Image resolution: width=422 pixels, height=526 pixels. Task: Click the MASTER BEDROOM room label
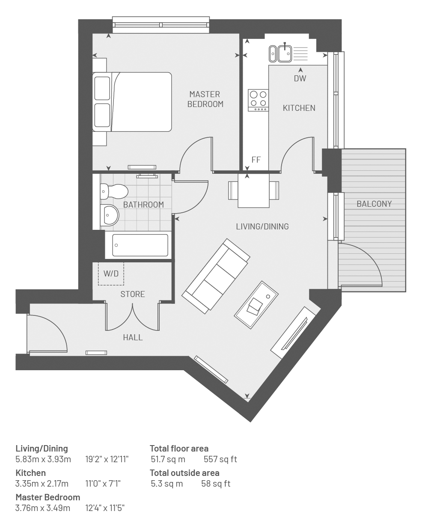click(205, 99)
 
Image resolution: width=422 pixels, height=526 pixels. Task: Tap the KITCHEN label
click(299, 108)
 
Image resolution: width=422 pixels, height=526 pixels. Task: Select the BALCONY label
click(374, 204)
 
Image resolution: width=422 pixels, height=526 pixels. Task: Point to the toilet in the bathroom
click(114, 191)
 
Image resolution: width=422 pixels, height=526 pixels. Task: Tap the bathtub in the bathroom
click(140, 245)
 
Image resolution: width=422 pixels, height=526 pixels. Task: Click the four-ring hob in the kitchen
click(258, 100)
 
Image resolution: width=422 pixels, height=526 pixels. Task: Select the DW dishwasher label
click(300, 78)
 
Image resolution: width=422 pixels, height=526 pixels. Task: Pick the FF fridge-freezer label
click(256, 160)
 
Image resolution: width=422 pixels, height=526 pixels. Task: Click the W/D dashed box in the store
click(111, 273)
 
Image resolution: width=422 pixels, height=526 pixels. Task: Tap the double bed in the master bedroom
click(132, 102)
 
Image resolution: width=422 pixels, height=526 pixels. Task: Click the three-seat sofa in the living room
click(216, 276)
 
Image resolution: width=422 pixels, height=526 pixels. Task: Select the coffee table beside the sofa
click(256, 305)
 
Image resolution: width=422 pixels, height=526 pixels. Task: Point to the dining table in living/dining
click(253, 190)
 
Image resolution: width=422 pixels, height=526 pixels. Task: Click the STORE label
click(133, 294)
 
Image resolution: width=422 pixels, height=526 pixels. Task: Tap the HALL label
click(133, 337)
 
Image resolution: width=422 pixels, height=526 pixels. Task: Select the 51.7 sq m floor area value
click(168, 459)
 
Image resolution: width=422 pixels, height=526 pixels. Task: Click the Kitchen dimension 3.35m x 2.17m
click(42, 484)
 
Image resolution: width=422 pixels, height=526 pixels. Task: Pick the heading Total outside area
click(184, 473)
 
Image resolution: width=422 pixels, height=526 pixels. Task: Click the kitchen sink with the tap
click(285, 53)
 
